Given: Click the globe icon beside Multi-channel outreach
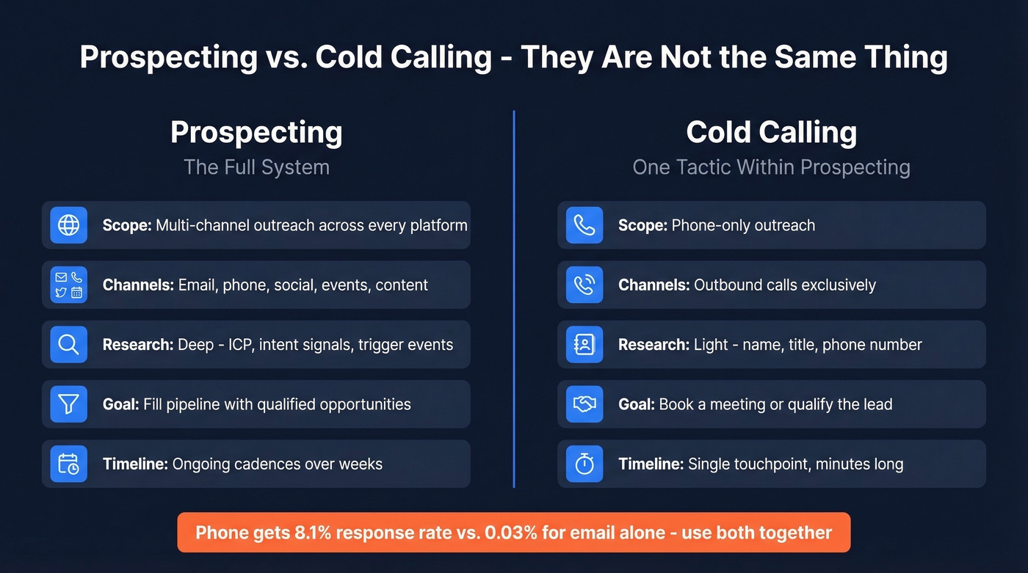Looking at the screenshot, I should [68, 225].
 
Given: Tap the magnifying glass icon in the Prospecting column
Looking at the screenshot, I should [68, 344].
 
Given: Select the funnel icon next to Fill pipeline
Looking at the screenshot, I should [68, 404].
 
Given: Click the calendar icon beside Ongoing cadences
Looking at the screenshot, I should [68, 464].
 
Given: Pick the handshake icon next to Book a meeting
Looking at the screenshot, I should [584, 404].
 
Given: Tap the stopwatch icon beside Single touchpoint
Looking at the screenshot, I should [584, 464].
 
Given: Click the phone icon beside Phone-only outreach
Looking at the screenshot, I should [584, 225].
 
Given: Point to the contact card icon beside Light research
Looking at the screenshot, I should [584, 344].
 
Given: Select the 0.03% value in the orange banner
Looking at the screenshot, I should [512, 533].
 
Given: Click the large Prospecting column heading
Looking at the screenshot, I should [256, 133].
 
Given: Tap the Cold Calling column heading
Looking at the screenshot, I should [771, 133].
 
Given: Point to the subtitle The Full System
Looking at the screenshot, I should [256, 167].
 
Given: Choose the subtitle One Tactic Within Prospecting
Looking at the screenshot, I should [771, 167].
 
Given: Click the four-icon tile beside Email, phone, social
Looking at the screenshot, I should [68, 285].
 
